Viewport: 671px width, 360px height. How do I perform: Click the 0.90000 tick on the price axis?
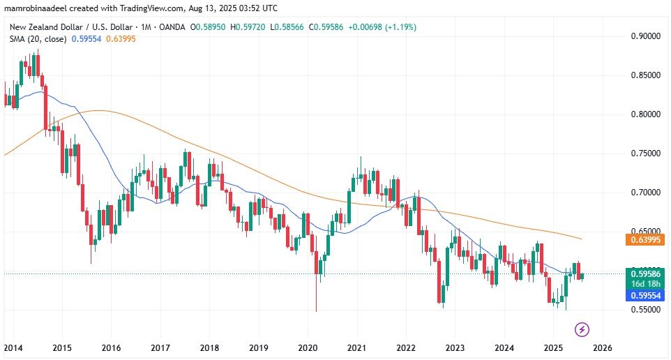point(645,36)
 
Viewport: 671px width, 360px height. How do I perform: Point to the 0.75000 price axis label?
point(645,153)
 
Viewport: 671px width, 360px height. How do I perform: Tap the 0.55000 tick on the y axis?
point(645,309)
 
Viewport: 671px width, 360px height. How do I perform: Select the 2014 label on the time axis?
point(13,347)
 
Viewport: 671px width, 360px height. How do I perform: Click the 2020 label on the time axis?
point(308,347)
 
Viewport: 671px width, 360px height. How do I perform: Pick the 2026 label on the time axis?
point(602,347)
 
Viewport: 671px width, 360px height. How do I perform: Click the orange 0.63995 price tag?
point(645,239)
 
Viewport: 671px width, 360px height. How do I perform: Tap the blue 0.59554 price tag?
point(645,295)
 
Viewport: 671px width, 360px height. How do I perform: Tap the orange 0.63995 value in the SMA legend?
point(121,39)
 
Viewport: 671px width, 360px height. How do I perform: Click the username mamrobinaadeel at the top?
point(36,8)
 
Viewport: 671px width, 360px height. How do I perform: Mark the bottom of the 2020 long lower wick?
point(316,311)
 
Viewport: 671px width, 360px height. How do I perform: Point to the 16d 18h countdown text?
point(645,284)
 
